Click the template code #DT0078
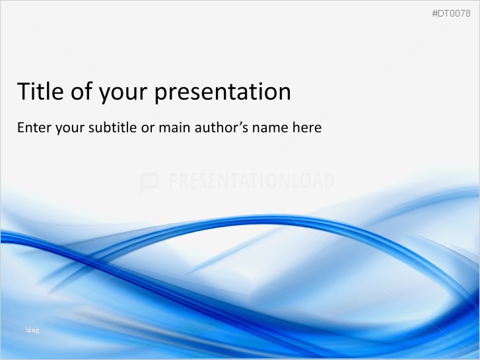pos(451,14)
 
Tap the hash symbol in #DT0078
pos(434,14)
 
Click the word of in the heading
pos(82,92)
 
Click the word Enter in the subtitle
pos(33,127)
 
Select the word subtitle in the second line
pos(114,127)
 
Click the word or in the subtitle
pos(149,129)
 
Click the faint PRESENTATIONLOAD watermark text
pos(251,181)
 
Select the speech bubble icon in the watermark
pos(149,182)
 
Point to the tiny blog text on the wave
pos(32,330)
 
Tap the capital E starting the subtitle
pos(20,127)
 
